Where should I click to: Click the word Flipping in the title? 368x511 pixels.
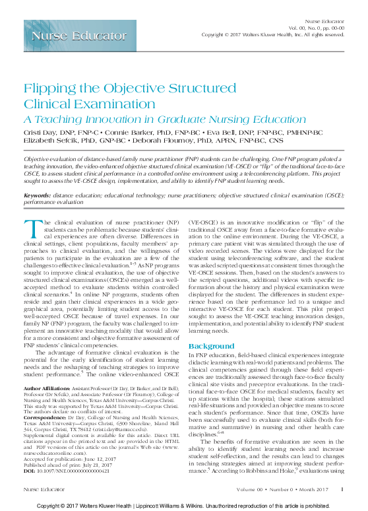[49, 90]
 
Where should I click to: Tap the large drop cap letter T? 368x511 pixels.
[30, 228]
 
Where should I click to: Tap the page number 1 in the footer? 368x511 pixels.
[342, 489]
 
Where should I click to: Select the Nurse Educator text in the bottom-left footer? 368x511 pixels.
[41, 489]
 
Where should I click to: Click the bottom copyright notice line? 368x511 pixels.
[184, 504]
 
